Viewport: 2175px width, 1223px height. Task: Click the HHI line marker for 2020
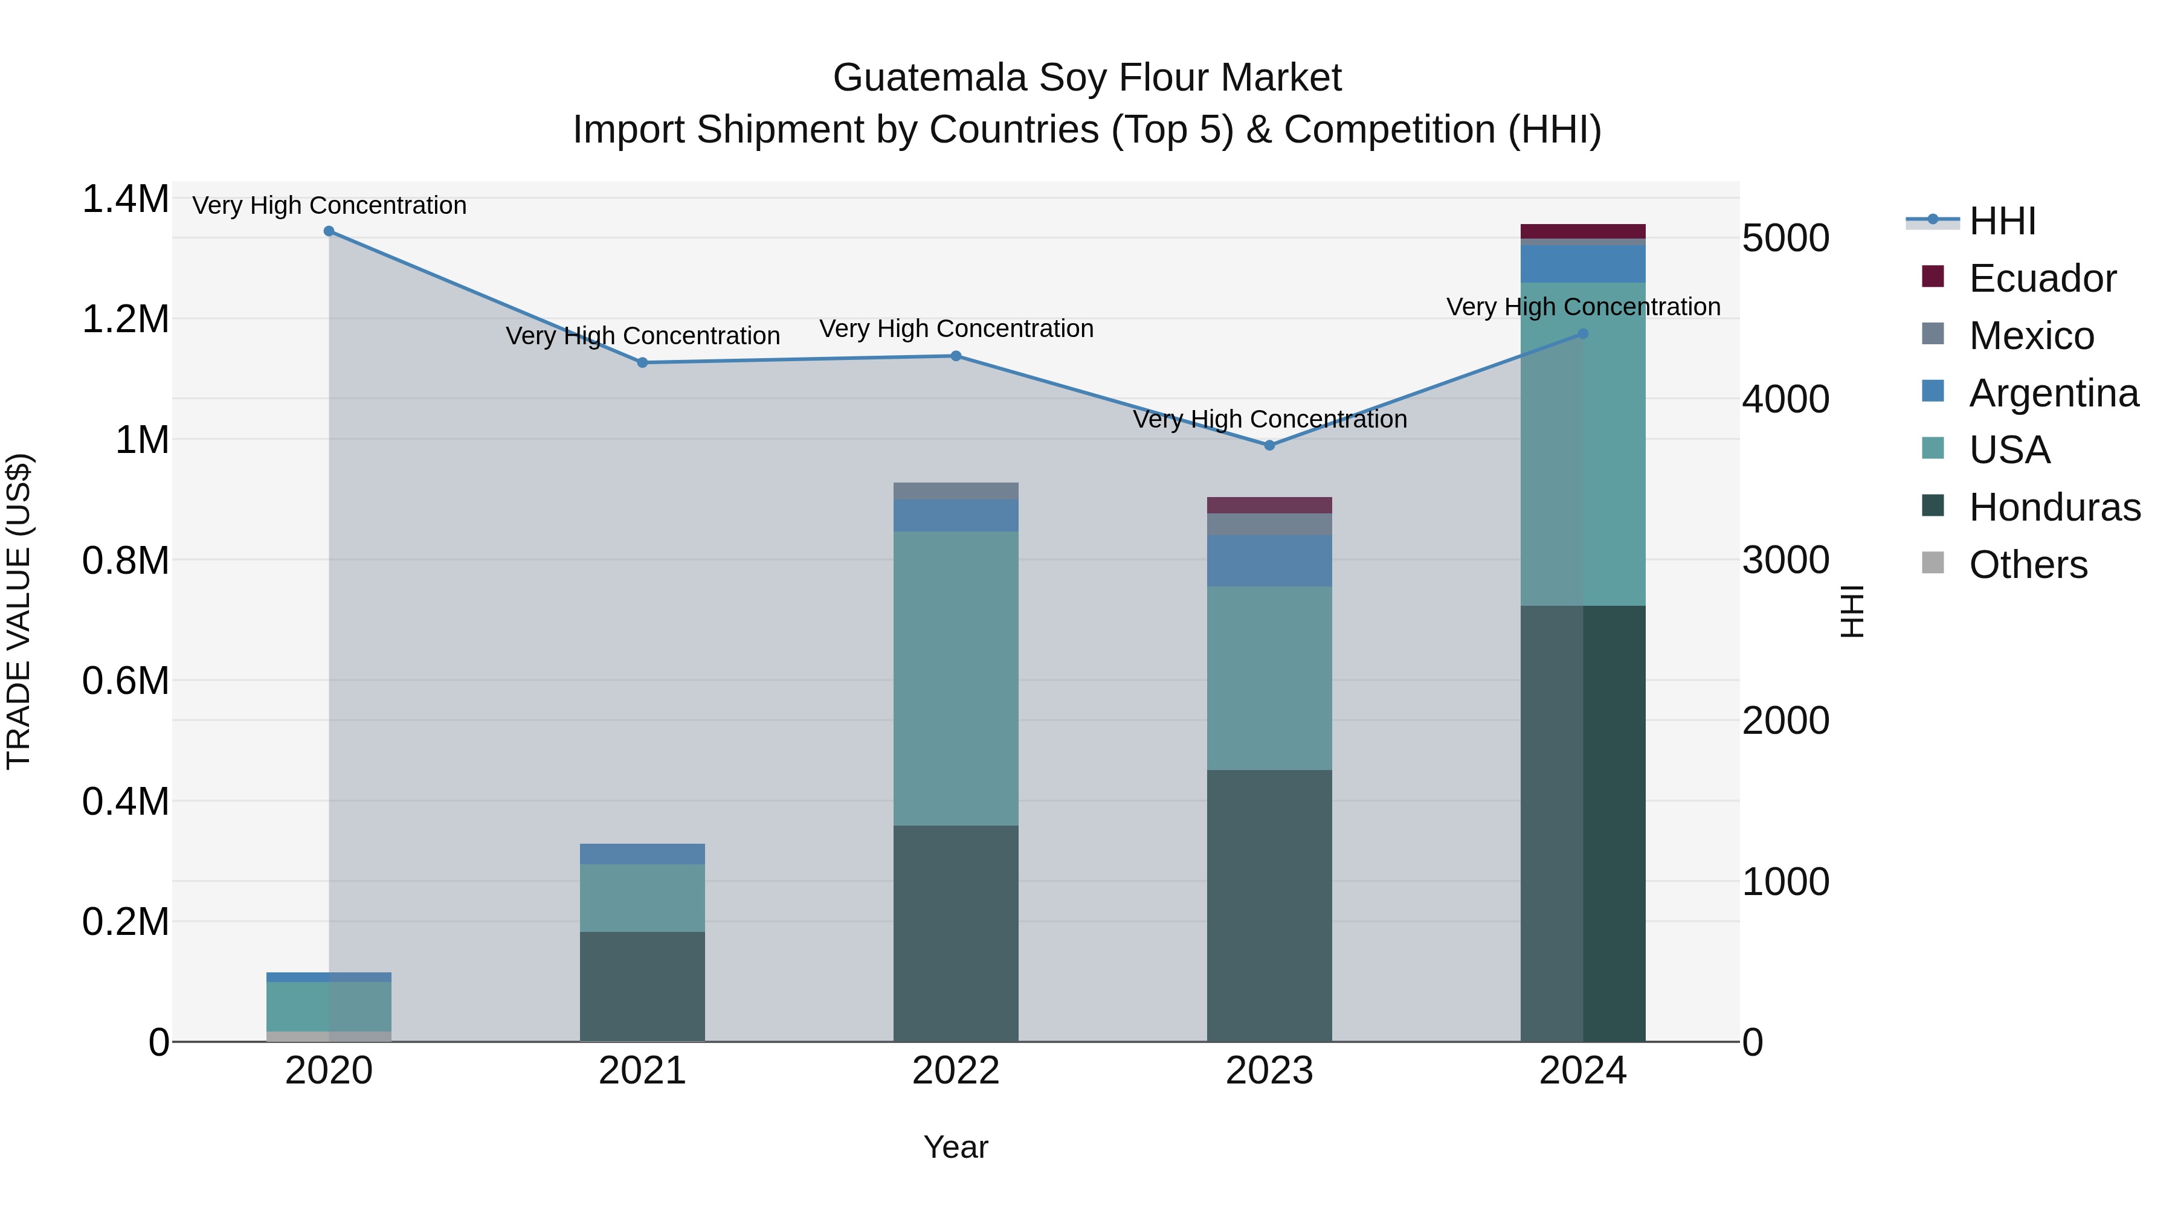[329, 231]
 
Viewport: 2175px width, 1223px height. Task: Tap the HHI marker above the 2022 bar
[956, 356]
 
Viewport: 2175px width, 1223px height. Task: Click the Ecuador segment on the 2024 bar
[1582, 231]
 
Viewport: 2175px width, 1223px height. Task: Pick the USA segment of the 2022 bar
[956, 678]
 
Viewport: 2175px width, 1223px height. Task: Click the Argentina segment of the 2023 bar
[1269, 560]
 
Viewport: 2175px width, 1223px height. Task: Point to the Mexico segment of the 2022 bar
[956, 491]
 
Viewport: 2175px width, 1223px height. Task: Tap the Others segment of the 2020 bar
[329, 1036]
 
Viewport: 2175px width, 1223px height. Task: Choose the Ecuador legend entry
[2041, 278]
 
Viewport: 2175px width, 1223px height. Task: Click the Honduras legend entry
[2054, 507]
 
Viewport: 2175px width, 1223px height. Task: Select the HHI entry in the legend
[2001, 221]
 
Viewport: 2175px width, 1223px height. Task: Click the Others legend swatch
[1933, 562]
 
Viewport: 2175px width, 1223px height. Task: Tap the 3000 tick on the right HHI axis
[1785, 560]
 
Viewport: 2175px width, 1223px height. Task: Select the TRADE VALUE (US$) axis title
[19, 611]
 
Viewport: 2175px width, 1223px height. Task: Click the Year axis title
[955, 1147]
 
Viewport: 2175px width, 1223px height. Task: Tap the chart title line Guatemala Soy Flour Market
[1087, 78]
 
